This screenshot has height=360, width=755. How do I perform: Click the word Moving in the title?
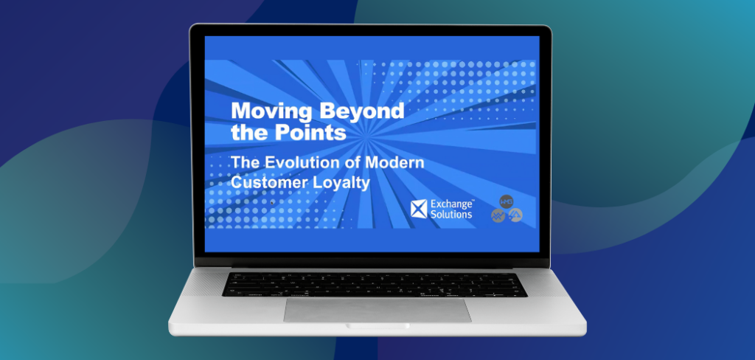click(x=271, y=112)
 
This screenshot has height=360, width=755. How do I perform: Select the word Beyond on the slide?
click(x=361, y=111)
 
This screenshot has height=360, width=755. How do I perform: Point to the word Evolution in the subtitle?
click(x=305, y=162)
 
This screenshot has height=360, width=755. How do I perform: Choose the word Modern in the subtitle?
click(x=395, y=162)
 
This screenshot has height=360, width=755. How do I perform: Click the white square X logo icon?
click(x=419, y=210)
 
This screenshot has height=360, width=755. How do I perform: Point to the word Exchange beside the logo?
click(x=452, y=204)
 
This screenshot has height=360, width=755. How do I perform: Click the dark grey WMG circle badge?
click(x=506, y=201)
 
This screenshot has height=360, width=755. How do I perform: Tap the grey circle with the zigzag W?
click(x=498, y=215)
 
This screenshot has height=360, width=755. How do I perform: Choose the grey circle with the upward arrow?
click(x=515, y=215)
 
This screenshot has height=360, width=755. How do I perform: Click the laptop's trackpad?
click(x=377, y=310)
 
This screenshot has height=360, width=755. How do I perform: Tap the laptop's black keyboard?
click(x=375, y=284)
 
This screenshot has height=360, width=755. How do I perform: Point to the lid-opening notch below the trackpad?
click(x=377, y=326)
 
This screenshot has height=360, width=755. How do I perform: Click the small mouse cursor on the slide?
click(x=272, y=202)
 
